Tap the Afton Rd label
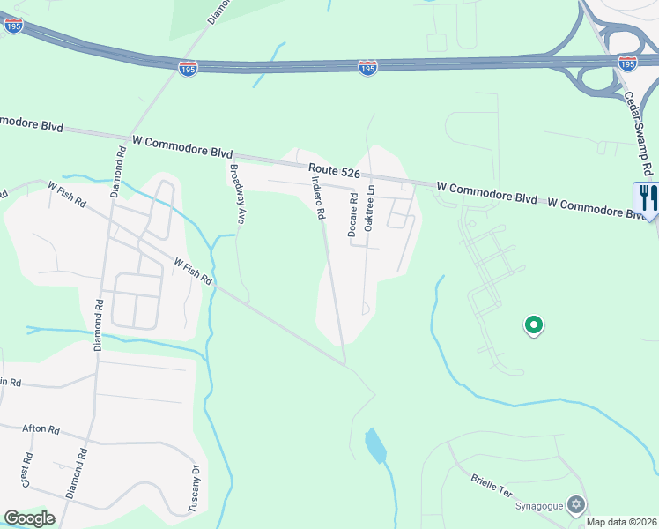[x=41, y=429]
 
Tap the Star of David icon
[x=577, y=504]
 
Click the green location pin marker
[x=533, y=325]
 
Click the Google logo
[x=29, y=518]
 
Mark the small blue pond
[x=375, y=445]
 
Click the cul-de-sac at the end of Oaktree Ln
[x=365, y=309]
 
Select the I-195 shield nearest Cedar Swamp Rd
[x=627, y=63]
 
